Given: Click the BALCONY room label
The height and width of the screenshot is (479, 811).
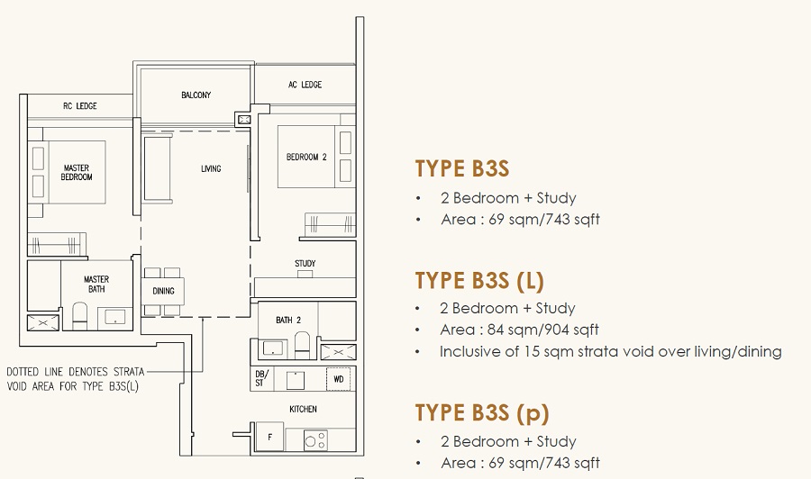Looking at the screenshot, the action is pyautogui.click(x=196, y=95).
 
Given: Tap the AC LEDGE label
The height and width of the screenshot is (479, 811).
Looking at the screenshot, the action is pyautogui.click(x=305, y=85).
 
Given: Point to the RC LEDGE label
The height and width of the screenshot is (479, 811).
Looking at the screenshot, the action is pyautogui.click(x=79, y=106).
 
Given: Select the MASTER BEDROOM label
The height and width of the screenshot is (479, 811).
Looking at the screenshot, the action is pyautogui.click(x=77, y=173).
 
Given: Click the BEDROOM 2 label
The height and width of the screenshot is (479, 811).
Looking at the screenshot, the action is pyautogui.click(x=306, y=157).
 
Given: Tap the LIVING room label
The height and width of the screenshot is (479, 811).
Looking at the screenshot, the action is pyautogui.click(x=211, y=168).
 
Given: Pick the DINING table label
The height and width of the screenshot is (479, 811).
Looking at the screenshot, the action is pyautogui.click(x=163, y=291).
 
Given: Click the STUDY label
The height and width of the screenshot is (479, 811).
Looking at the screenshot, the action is pyautogui.click(x=305, y=264).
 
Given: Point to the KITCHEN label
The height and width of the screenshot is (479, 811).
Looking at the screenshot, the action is pyautogui.click(x=303, y=410).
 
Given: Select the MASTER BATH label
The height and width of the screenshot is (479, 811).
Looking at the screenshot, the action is pyautogui.click(x=96, y=285).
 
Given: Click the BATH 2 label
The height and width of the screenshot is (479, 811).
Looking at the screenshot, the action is pyautogui.click(x=288, y=321).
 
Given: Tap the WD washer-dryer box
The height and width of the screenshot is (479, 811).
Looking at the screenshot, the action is pyautogui.click(x=338, y=379).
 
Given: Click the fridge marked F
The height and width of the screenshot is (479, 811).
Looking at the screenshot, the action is pyautogui.click(x=270, y=438).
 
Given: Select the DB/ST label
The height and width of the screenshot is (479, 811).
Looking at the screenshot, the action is pyautogui.click(x=260, y=379).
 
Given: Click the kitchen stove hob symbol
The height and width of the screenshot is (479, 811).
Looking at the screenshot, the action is pyautogui.click(x=315, y=440).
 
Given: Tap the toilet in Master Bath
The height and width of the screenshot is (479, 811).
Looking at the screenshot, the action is pyautogui.click(x=79, y=316).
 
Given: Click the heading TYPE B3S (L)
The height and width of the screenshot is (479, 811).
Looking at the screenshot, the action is pyautogui.click(x=479, y=281).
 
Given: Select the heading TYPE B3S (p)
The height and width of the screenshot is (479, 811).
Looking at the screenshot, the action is pyautogui.click(x=482, y=413).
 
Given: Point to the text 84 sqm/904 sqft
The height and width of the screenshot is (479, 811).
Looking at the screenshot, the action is pyautogui.click(x=543, y=330).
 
